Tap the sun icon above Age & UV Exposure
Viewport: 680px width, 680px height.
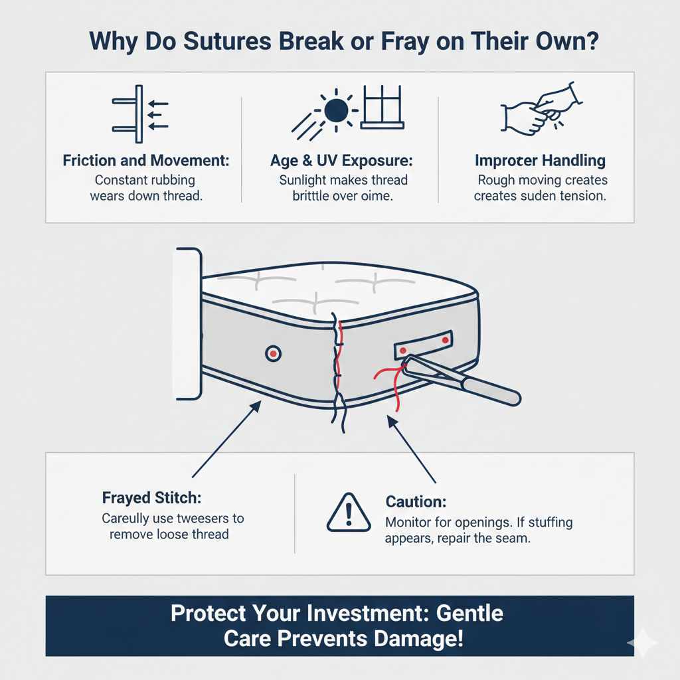tap(337, 109)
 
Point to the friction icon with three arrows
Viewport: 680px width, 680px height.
tap(140, 114)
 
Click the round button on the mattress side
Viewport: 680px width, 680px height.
tap(273, 353)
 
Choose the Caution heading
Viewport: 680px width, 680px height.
tap(416, 503)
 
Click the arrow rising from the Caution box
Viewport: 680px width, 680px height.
tap(412, 448)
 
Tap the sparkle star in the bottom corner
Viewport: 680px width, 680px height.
tap(642, 642)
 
